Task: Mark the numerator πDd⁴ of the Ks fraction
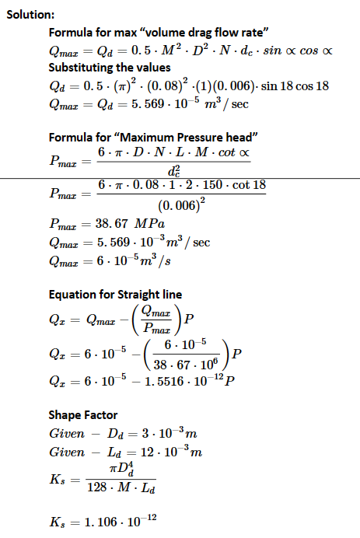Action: [121, 467]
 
